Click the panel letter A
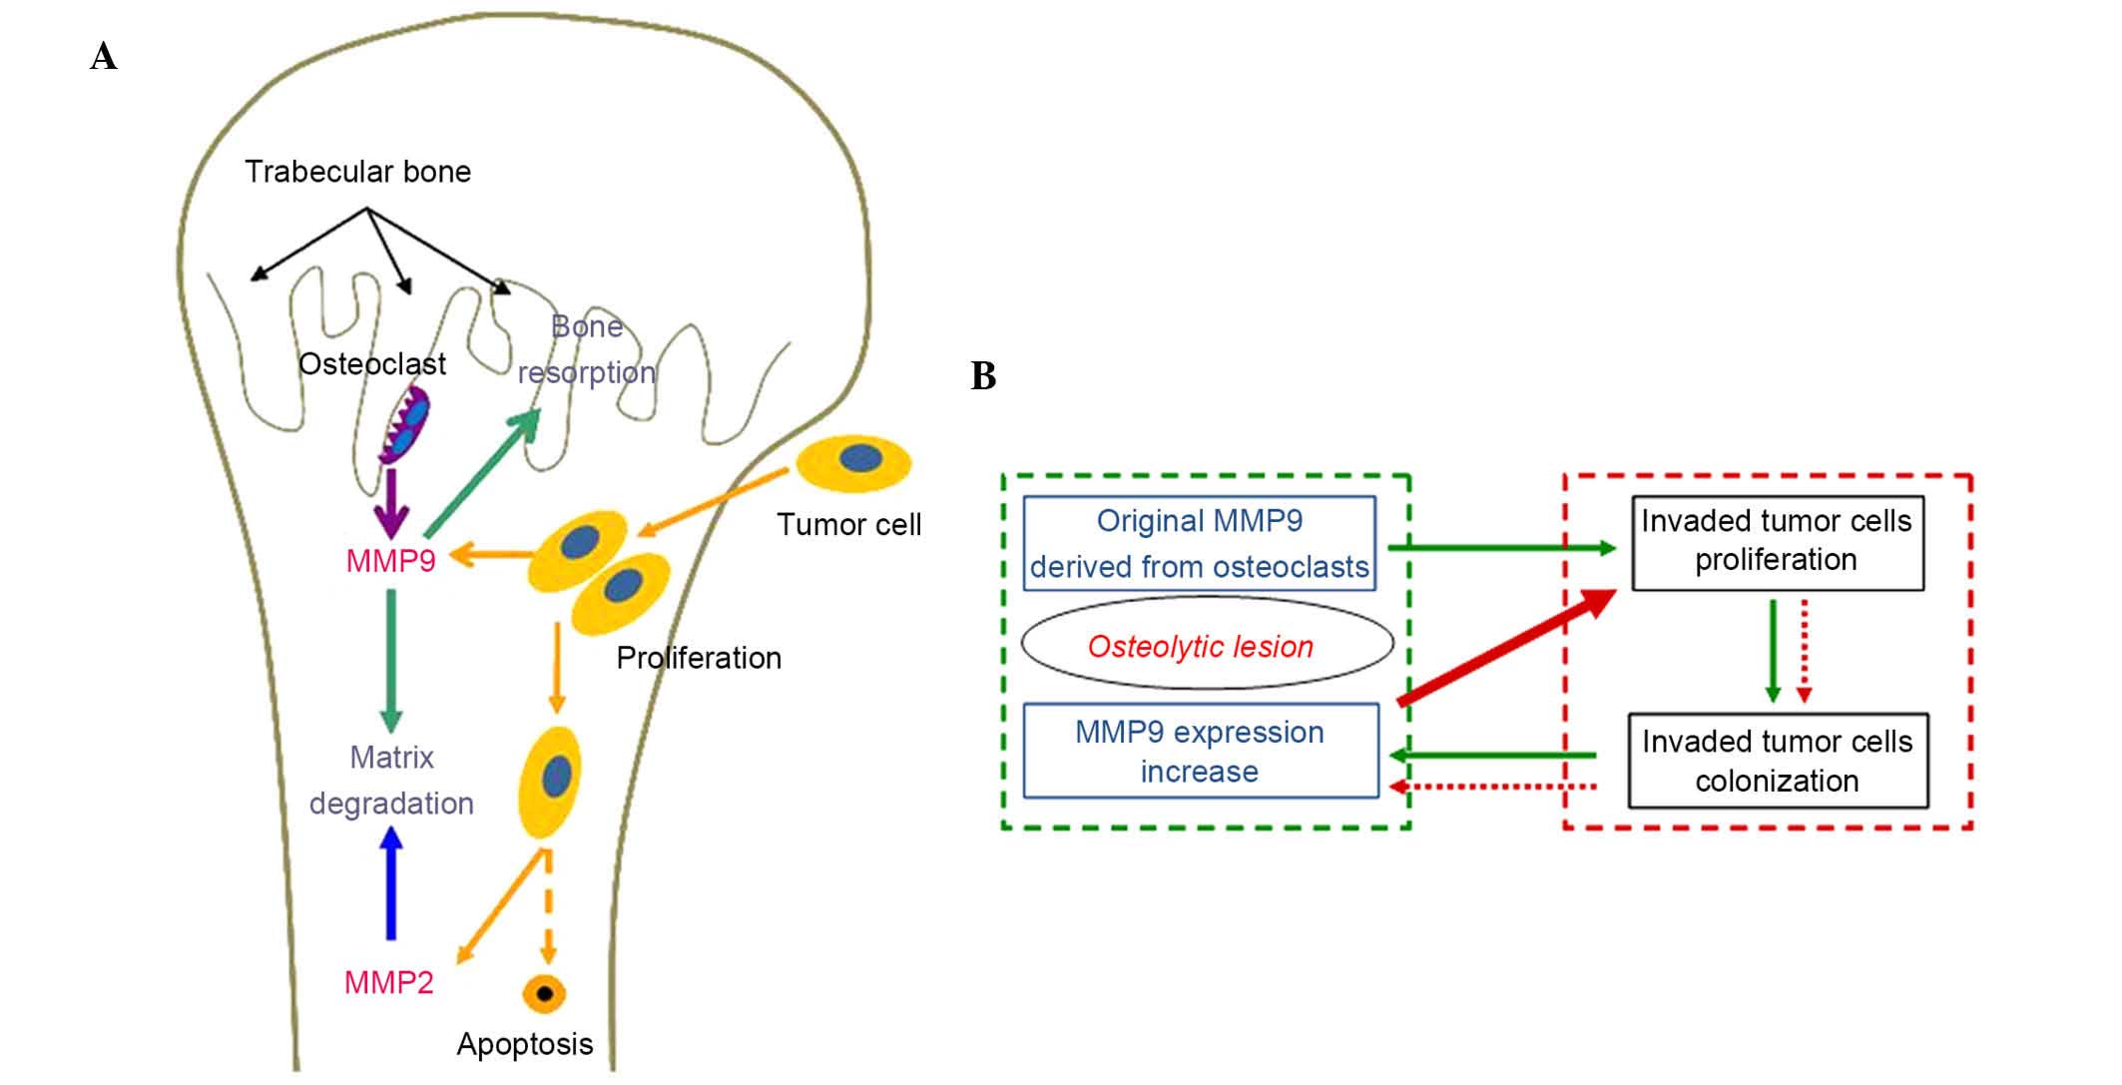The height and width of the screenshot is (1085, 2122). pyautogui.click(x=103, y=57)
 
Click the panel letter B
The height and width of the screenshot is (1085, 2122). pyautogui.click(x=983, y=376)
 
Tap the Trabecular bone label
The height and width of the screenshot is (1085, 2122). pyautogui.click(x=357, y=172)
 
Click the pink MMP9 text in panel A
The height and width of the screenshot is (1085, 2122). pyautogui.click(x=390, y=561)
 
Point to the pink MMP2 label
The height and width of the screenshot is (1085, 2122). pyautogui.click(x=388, y=983)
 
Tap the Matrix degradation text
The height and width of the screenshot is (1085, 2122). pyautogui.click(x=391, y=781)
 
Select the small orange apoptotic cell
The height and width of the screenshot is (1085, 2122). pyautogui.click(x=544, y=993)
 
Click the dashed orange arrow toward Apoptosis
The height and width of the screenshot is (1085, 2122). pyautogui.click(x=547, y=908)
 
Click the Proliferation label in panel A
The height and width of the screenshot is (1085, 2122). pyautogui.click(x=698, y=658)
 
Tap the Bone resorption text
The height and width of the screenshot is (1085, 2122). pyautogui.click(x=587, y=349)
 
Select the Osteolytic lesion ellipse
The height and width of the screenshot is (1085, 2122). pyautogui.click(x=1206, y=645)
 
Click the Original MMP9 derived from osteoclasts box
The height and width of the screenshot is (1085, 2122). pyautogui.click(x=1200, y=544)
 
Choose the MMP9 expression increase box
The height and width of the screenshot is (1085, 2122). pyautogui.click(x=1201, y=752)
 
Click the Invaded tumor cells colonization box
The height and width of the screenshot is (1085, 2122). pyautogui.click(x=1777, y=761)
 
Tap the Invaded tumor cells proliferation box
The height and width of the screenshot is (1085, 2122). pyautogui.click(x=1777, y=541)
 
